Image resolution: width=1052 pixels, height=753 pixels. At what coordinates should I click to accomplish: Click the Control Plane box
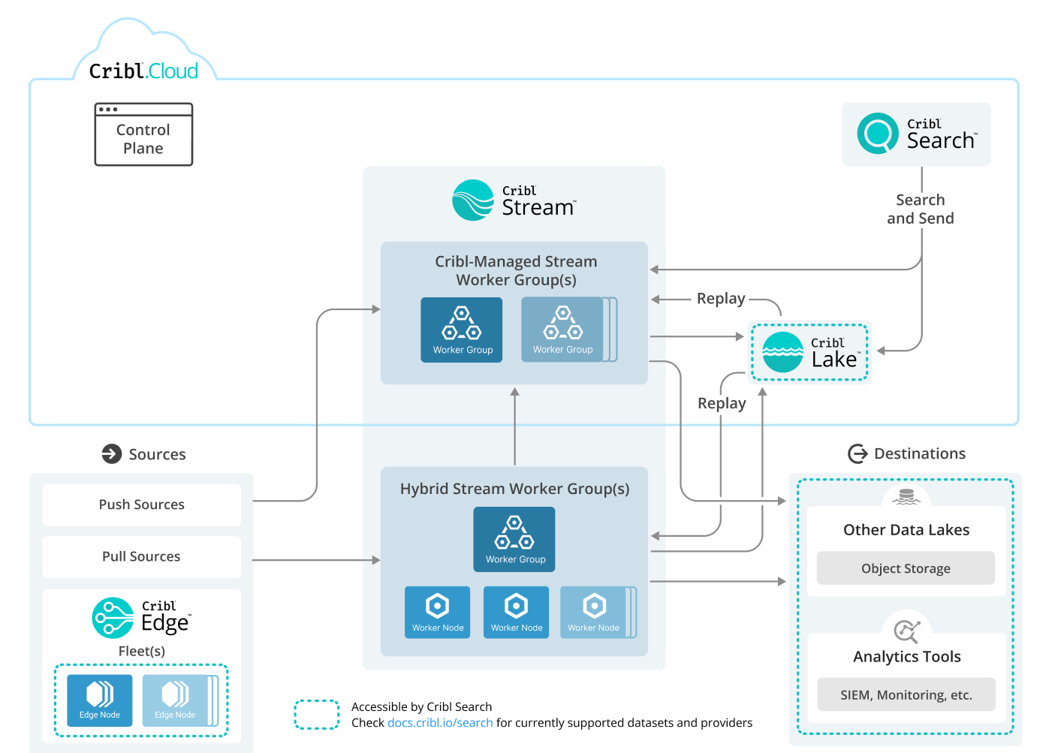pyautogui.click(x=143, y=135)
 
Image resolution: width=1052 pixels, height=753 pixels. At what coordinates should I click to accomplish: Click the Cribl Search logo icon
pyautogui.click(x=877, y=134)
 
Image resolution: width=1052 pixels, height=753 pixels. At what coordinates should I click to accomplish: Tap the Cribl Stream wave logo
pyautogui.click(x=473, y=200)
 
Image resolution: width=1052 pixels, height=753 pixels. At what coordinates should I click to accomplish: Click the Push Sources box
pyautogui.click(x=142, y=505)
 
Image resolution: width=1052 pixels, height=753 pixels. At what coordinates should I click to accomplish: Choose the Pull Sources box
pyautogui.click(x=142, y=556)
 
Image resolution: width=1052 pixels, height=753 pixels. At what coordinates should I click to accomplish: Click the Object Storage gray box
pyautogui.click(x=906, y=568)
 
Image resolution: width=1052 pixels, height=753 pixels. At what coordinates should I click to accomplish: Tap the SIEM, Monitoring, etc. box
pyautogui.click(x=906, y=694)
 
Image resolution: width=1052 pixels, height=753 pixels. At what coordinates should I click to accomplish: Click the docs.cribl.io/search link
pyautogui.click(x=440, y=723)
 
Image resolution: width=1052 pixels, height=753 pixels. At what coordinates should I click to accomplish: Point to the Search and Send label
pyautogui.click(x=920, y=209)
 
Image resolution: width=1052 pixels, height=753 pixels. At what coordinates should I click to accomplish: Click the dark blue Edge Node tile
pyautogui.click(x=100, y=700)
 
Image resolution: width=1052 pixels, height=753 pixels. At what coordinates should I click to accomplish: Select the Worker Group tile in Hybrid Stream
pyautogui.click(x=514, y=539)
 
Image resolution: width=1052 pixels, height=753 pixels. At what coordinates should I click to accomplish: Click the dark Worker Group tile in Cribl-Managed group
pyautogui.click(x=462, y=330)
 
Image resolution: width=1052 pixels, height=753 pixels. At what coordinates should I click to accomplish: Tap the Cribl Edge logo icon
pyautogui.click(x=113, y=618)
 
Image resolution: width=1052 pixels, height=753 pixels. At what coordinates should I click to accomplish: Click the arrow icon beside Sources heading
pyautogui.click(x=112, y=454)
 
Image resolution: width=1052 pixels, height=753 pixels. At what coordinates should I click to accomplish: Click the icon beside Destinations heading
pyautogui.click(x=857, y=453)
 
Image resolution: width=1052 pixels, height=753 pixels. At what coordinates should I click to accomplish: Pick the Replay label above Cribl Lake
pyautogui.click(x=720, y=299)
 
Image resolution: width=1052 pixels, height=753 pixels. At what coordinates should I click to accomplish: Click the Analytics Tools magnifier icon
pyautogui.click(x=906, y=631)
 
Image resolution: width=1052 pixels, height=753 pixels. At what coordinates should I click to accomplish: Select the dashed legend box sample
pyautogui.click(x=317, y=715)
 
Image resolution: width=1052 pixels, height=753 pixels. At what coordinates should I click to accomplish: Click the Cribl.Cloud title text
pyautogui.click(x=143, y=71)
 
